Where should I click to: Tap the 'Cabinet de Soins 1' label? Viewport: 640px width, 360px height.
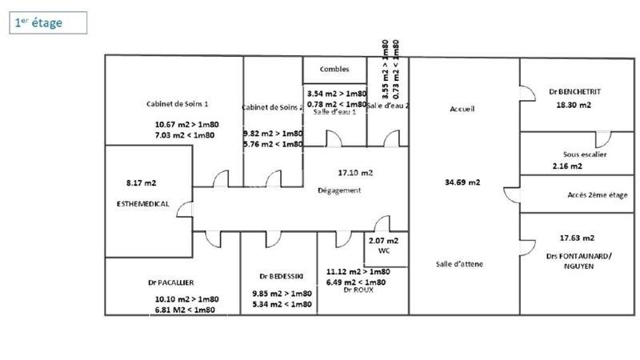tap(178, 104)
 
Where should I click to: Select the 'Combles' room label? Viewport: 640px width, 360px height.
tap(334, 70)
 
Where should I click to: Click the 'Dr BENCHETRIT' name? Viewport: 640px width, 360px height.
tap(574, 92)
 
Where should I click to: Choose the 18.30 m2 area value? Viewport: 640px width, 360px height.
tap(574, 105)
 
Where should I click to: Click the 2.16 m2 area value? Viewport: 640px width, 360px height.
tap(567, 166)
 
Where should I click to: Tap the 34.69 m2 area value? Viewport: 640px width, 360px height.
tap(462, 182)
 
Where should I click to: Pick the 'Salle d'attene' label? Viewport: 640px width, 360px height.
tap(459, 265)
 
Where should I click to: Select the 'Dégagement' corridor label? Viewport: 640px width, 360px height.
tap(340, 190)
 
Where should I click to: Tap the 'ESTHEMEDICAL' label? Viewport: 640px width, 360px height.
tap(142, 204)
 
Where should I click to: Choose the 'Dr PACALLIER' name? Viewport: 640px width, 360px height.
tap(170, 282)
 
